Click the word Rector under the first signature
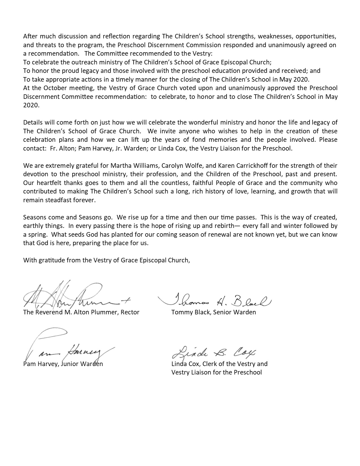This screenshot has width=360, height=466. tap(130, 312)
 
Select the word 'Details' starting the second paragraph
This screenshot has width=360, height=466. tap(32, 123)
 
